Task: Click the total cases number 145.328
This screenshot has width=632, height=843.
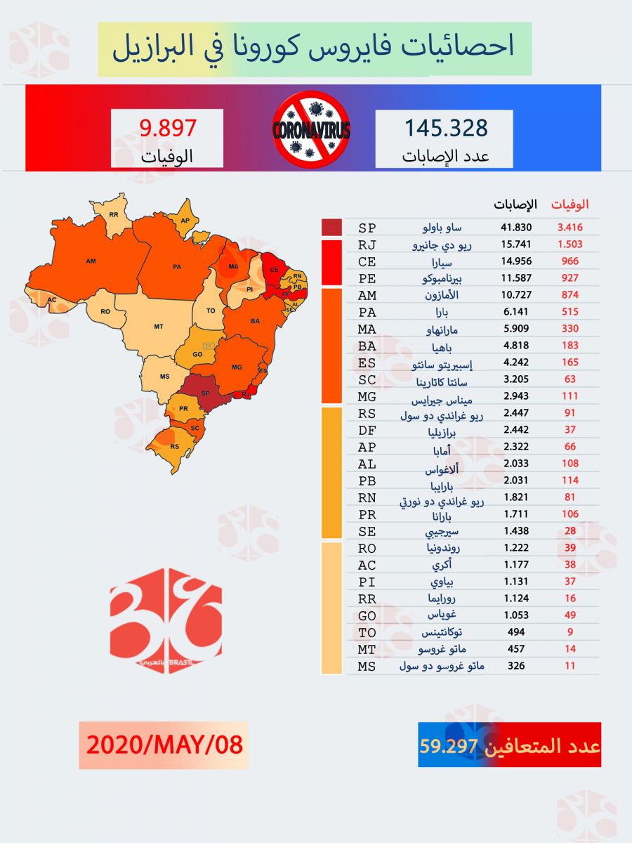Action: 445,128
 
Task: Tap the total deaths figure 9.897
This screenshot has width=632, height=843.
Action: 167,128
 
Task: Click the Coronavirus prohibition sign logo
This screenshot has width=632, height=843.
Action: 311,130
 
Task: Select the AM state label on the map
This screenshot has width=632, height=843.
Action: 90,261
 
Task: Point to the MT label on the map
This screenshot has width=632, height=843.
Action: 159,326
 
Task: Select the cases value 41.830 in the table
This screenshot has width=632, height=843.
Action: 516,228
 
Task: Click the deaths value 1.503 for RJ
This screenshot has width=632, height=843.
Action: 570,244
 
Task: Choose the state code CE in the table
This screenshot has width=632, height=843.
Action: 367,261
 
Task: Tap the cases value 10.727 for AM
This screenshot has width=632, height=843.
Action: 516,295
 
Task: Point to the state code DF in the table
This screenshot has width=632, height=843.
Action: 367,430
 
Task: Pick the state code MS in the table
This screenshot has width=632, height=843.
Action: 367,666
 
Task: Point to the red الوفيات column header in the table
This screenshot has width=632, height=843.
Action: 570,204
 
